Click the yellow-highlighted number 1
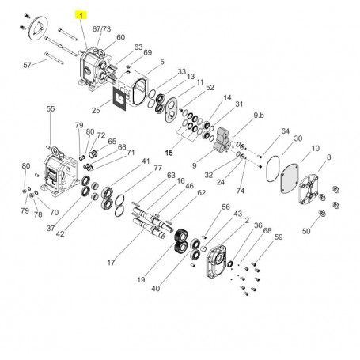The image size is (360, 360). tap(81, 16)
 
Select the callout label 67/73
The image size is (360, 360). tap(101, 28)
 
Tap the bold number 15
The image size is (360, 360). tap(169, 153)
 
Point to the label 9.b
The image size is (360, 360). tap(259, 116)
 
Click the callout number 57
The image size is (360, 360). tap(27, 65)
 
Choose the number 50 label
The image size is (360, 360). tap(306, 231)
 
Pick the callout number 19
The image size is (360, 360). tap(141, 279)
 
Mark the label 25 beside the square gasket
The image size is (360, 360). tap(96, 110)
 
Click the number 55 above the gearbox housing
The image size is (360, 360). tap(51, 108)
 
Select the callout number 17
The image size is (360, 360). tap(111, 263)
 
